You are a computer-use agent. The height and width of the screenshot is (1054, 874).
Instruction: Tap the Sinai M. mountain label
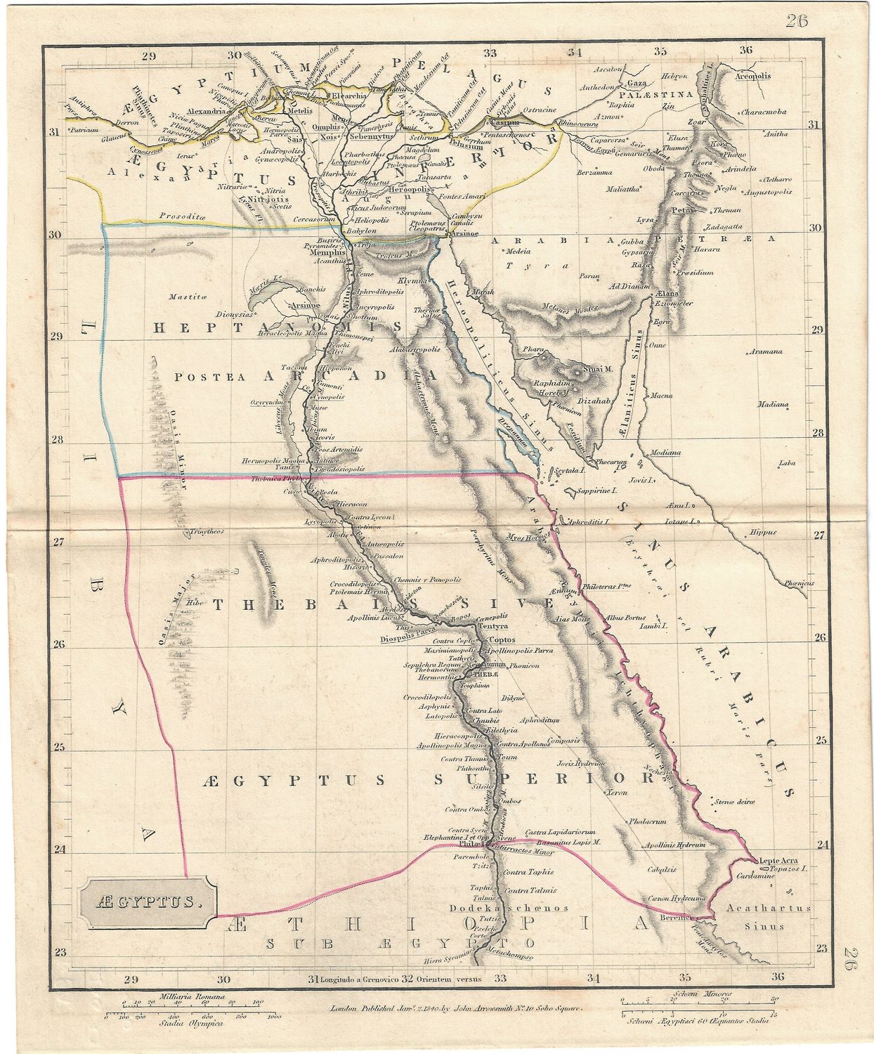(x=596, y=369)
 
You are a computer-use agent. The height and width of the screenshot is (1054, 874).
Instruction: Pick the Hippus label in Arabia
(x=764, y=533)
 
